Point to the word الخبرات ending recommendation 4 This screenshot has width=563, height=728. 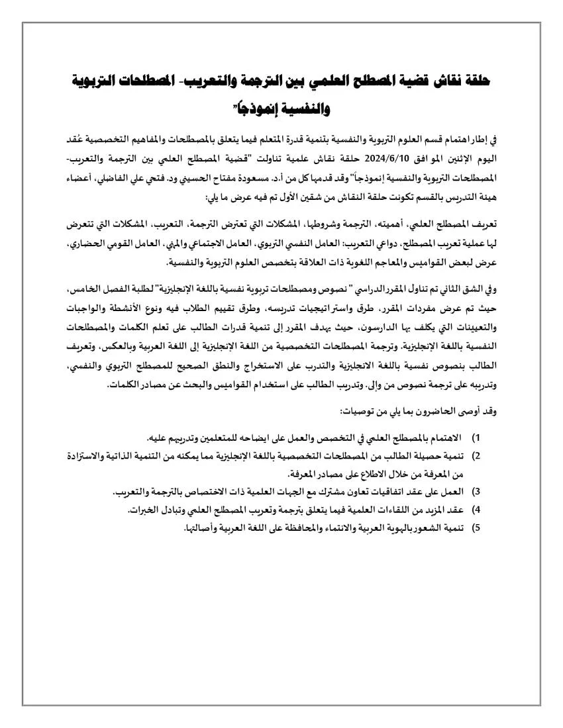144,510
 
